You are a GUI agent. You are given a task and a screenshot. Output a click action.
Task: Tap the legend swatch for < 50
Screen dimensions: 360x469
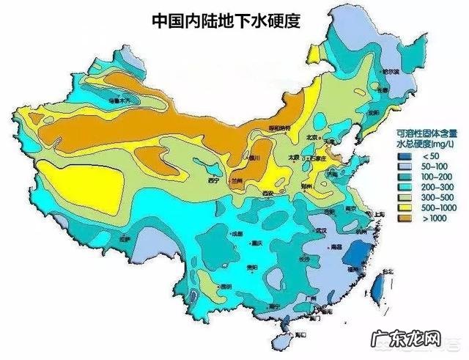click(404, 156)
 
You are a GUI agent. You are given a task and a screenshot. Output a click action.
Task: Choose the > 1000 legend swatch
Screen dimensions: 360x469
click(404, 218)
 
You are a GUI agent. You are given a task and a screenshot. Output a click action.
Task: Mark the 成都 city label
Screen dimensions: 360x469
click(237, 234)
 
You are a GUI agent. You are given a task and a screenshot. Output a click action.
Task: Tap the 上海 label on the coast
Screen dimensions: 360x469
click(380, 213)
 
